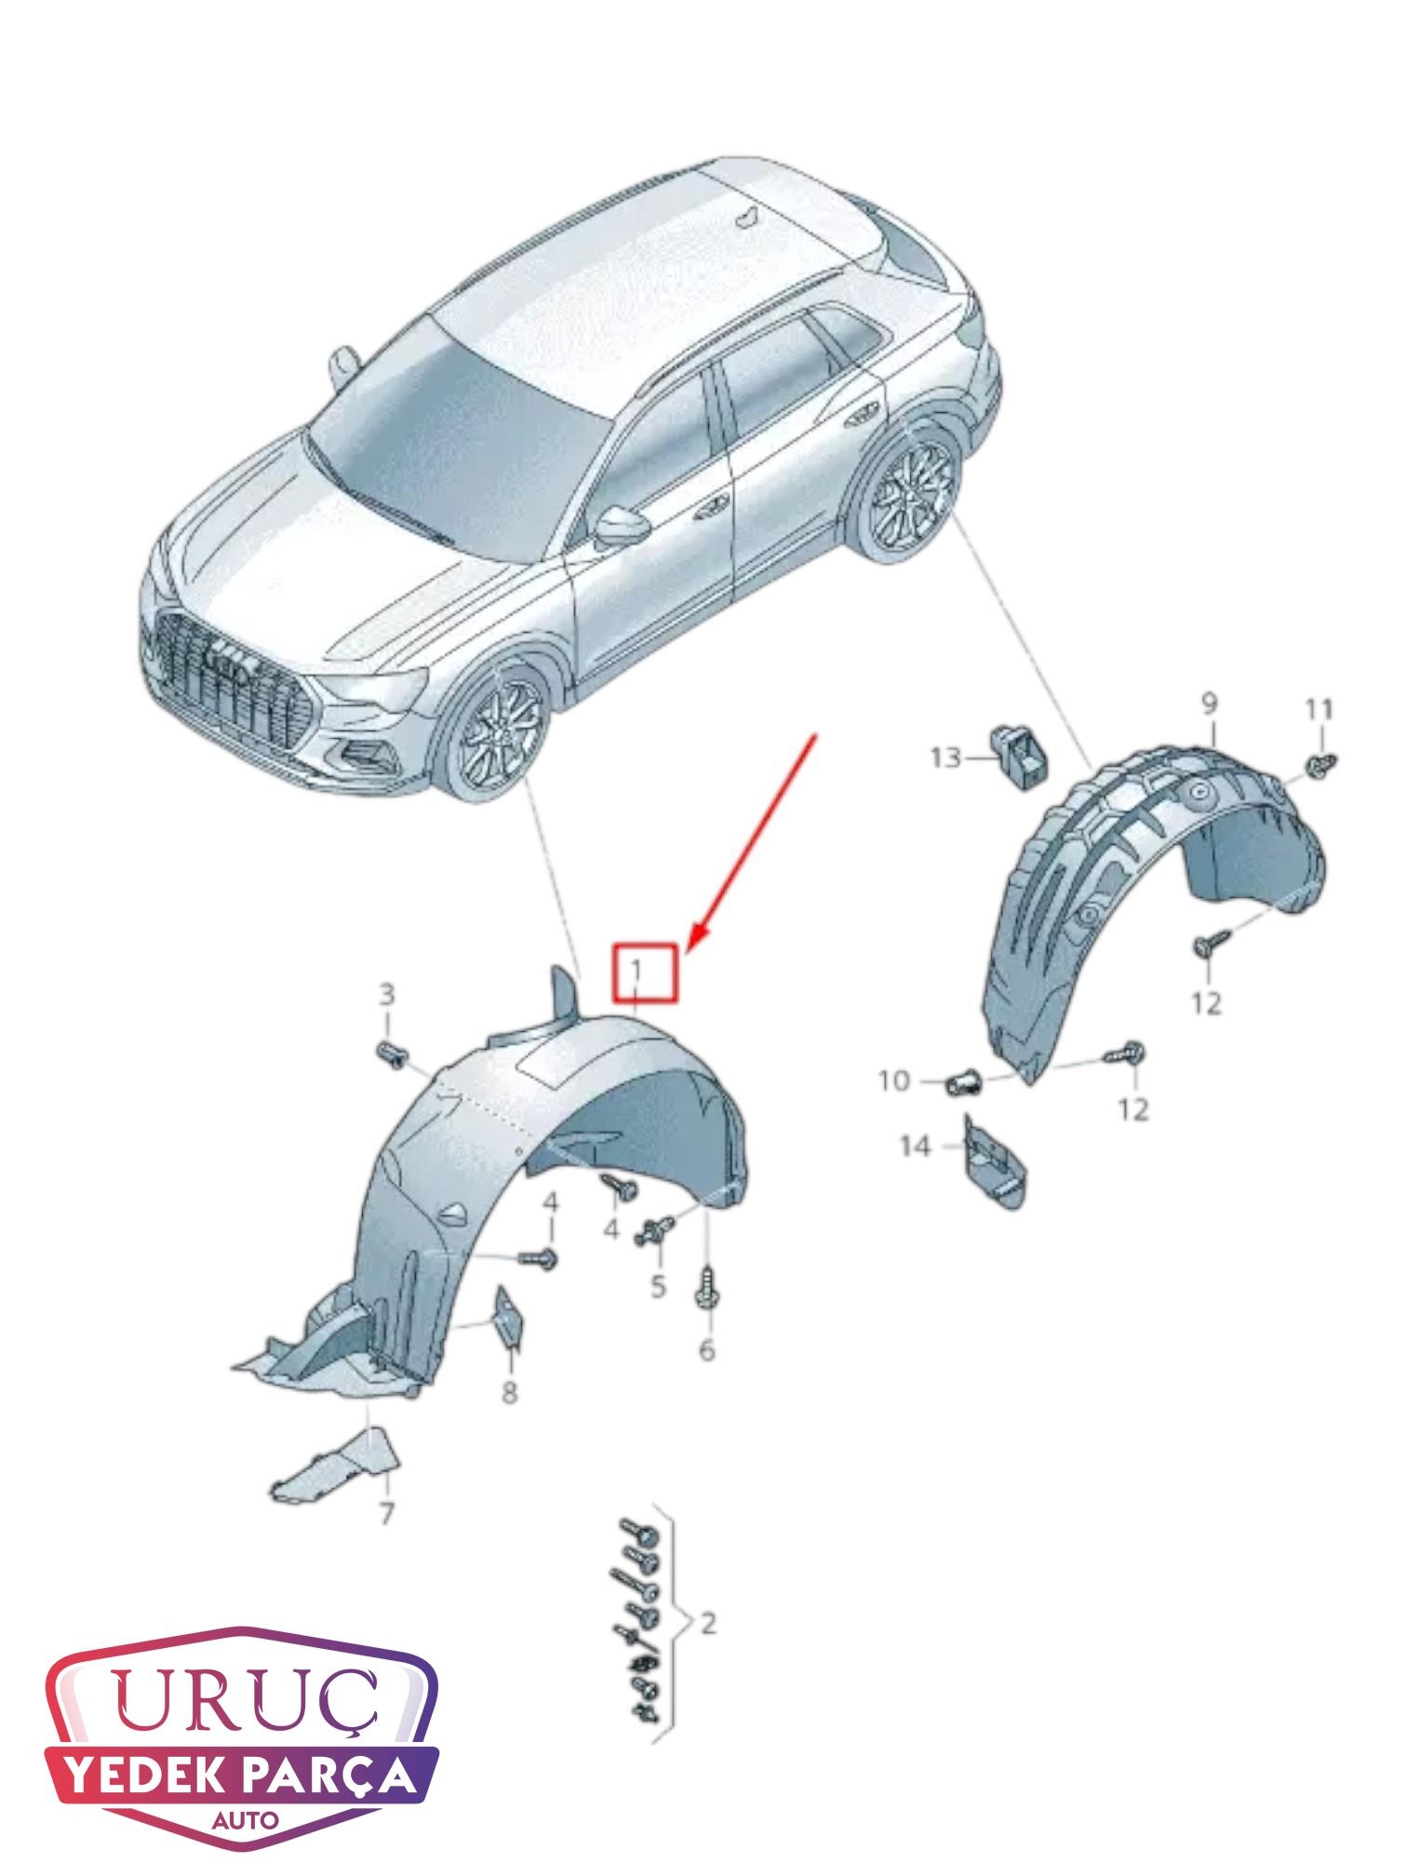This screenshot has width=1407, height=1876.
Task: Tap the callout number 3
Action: click(385, 995)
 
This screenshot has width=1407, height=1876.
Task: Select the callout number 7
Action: click(385, 1512)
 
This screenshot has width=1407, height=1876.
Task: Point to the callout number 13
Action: click(945, 758)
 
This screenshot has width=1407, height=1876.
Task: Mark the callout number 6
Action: click(706, 1348)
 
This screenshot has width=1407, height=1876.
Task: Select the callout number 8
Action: click(509, 1393)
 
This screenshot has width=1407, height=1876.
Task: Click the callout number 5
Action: click(658, 1287)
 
